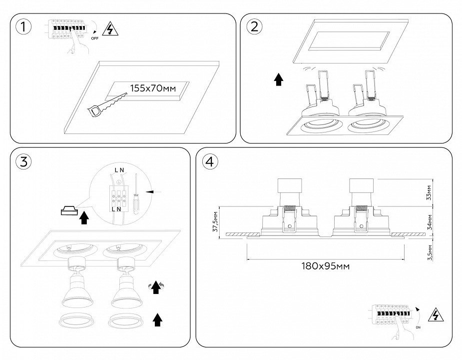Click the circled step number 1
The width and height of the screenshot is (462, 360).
point(21,26)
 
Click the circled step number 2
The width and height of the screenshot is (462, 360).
point(254,26)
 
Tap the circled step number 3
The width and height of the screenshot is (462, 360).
point(21,161)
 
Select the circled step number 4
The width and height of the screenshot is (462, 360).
point(210,161)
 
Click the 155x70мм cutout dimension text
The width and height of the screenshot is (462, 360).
point(153,88)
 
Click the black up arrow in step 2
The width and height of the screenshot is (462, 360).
point(278,79)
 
